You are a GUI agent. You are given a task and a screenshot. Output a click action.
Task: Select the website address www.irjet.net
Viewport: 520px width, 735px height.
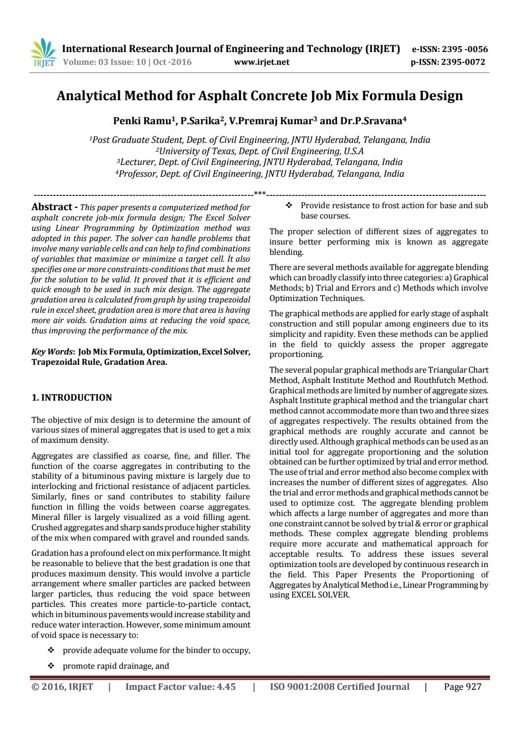tap(262, 62)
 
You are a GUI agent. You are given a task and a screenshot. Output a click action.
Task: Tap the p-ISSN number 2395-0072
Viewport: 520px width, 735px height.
tap(463, 62)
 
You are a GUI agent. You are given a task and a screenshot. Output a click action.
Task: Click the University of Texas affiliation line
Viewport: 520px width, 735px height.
tap(260, 151)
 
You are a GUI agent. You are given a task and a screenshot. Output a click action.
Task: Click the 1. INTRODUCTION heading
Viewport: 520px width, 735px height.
tap(72, 397)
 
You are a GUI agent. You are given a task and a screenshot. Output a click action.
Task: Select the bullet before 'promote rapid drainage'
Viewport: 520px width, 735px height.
tap(50, 666)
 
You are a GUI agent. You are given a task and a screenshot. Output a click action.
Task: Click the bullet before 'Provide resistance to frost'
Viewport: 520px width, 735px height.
tap(289, 205)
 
